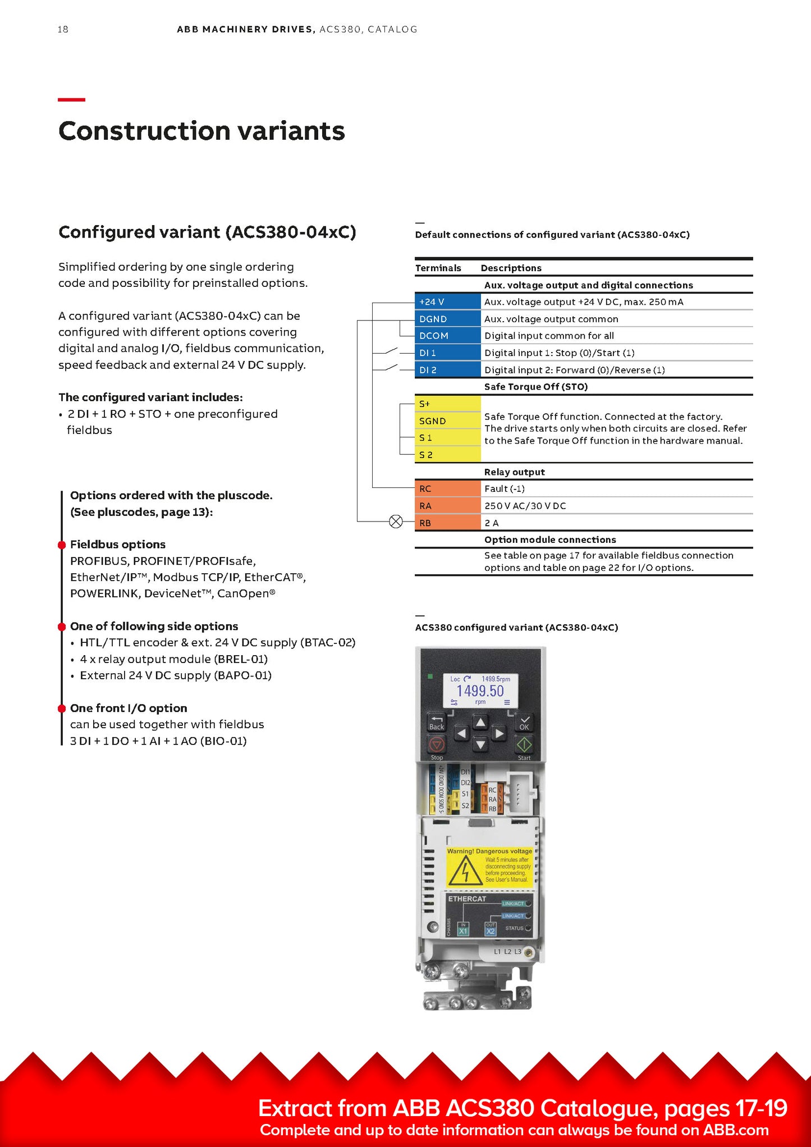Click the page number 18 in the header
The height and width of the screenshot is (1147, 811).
(x=63, y=29)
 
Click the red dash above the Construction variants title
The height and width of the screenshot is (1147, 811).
(x=71, y=99)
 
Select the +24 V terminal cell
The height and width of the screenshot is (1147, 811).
(x=447, y=301)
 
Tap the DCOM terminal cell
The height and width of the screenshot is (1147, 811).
(x=447, y=336)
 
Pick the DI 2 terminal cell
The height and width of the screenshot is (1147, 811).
(x=447, y=370)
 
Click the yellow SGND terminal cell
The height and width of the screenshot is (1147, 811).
(x=447, y=421)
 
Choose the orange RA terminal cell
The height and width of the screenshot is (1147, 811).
(x=447, y=506)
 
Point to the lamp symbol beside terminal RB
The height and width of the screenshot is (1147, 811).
(x=396, y=522)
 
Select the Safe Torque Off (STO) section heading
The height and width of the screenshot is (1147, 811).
(x=536, y=387)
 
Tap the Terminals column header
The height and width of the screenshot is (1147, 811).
(x=438, y=268)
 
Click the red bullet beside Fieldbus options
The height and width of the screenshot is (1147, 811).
(x=62, y=545)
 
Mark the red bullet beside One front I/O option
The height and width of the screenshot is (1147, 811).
(x=62, y=709)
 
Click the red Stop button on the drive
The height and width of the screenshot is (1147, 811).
(x=437, y=744)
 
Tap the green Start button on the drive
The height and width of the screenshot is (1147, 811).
(x=524, y=744)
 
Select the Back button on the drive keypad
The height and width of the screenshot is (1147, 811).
(x=437, y=723)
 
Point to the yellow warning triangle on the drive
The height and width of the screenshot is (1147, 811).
(x=465, y=871)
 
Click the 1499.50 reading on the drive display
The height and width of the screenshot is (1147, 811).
(x=480, y=691)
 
